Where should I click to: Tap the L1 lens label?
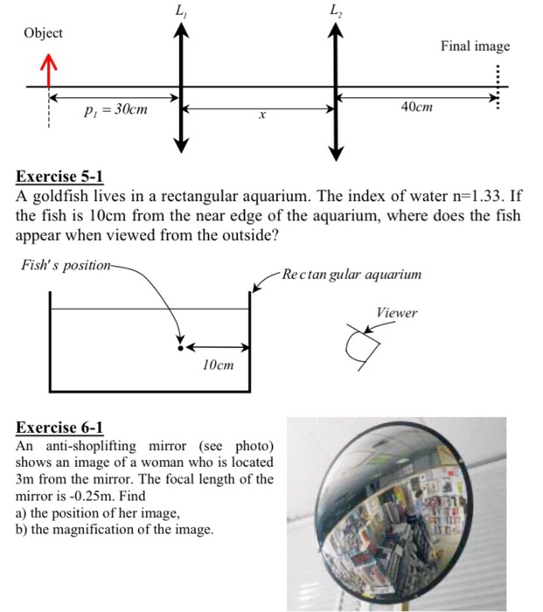pyautogui.click(x=180, y=11)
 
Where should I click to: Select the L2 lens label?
pyautogui.click(x=334, y=11)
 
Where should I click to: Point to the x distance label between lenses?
pyautogui.click(x=260, y=115)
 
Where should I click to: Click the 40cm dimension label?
pyautogui.click(x=416, y=107)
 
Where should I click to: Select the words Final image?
pyautogui.click(x=475, y=46)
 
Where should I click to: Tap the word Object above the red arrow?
pyautogui.click(x=43, y=33)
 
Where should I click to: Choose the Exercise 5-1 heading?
pyautogui.click(x=59, y=177)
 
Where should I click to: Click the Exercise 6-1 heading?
pyautogui.click(x=59, y=428)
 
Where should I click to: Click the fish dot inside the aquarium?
pyautogui.click(x=181, y=346)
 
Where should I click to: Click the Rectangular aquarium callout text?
pyautogui.click(x=352, y=275)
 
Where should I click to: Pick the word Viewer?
pyautogui.click(x=397, y=313)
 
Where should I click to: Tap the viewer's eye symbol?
pyautogui.click(x=363, y=347)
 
